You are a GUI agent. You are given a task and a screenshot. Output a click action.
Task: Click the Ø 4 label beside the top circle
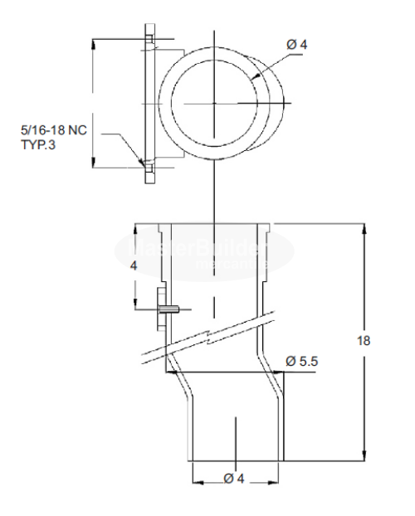(x=296, y=44)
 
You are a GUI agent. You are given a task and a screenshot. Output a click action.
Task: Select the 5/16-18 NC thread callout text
(x=51, y=130)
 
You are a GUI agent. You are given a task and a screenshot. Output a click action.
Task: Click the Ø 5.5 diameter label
(x=302, y=363)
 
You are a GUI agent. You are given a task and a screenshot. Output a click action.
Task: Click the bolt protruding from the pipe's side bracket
(x=169, y=309)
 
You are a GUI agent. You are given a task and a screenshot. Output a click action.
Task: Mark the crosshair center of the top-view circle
(x=213, y=103)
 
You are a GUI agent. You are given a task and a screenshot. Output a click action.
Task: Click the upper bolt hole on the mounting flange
(x=149, y=38)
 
